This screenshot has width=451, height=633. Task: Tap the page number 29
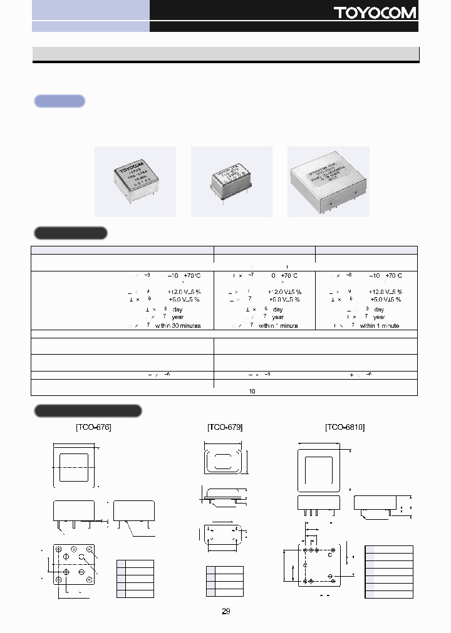click(225, 611)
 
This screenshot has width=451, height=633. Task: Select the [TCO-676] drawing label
click(93, 427)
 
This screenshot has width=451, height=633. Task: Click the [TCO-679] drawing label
click(225, 427)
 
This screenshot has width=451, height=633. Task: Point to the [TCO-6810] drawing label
click(345, 427)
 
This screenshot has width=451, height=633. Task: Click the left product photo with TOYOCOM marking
click(135, 181)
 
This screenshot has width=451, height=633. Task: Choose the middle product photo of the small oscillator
click(232, 181)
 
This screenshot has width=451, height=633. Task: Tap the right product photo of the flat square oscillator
click(328, 181)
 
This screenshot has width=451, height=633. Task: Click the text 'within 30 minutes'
click(182, 325)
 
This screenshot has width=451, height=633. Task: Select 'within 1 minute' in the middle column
click(278, 325)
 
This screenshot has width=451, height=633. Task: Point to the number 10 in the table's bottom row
click(252, 392)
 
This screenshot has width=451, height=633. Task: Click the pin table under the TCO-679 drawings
click(225, 581)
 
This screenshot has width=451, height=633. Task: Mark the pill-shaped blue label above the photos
click(60, 101)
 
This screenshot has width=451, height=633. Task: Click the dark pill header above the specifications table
click(70, 233)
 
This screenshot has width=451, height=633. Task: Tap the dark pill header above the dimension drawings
click(88, 411)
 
